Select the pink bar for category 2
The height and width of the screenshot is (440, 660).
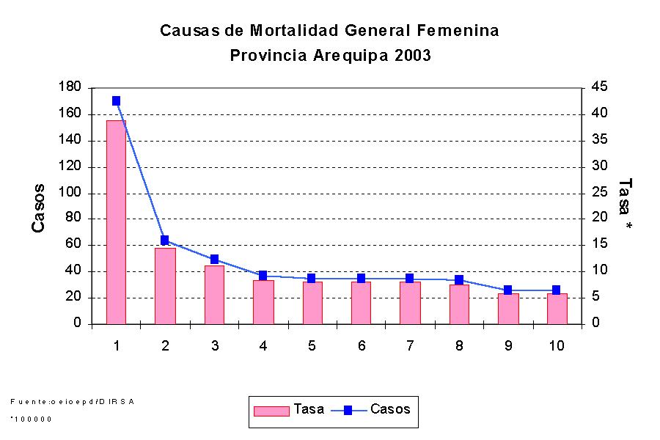(x=165, y=286)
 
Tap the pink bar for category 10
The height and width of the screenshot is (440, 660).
(x=557, y=309)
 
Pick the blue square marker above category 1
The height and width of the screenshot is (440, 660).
(x=116, y=101)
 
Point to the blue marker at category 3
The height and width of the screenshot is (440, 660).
(x=214, y=260)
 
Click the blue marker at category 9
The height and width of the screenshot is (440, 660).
(x=507, y=290)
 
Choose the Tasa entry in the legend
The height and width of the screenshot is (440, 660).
(x=289, y=410)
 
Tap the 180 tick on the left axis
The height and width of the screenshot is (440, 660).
(x=70, y=88)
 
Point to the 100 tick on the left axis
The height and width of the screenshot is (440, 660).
(x=70, y=194)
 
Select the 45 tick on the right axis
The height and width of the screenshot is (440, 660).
(x=599, y=88)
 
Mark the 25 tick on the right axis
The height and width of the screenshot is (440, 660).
(x=599, y=193)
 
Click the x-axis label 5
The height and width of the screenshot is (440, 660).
(x=312, y=345)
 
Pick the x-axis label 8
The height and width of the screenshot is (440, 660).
(x=459, y=345)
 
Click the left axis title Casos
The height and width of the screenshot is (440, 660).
(x=39, y=208)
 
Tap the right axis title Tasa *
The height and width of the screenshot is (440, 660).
(x=625, y=205)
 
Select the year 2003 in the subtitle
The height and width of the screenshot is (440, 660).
(x=411, y=56)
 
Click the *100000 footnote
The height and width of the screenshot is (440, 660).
(x=32, y=419)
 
